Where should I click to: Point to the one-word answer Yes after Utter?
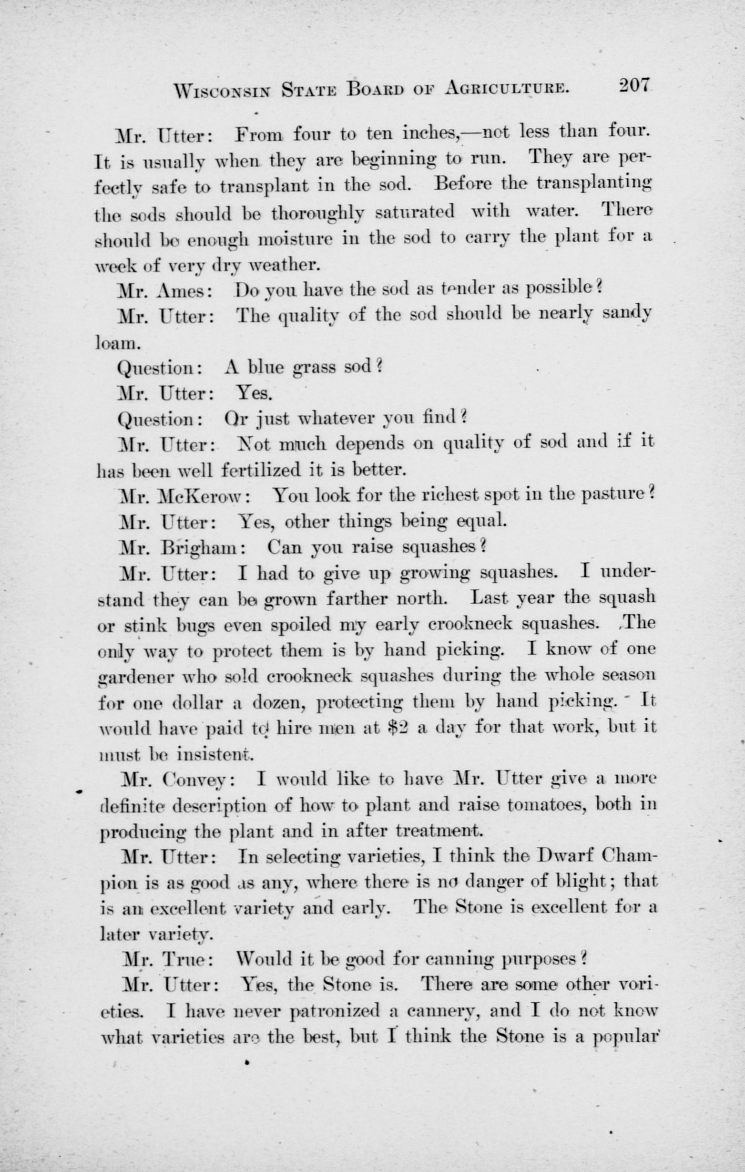(x=254, y=393)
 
